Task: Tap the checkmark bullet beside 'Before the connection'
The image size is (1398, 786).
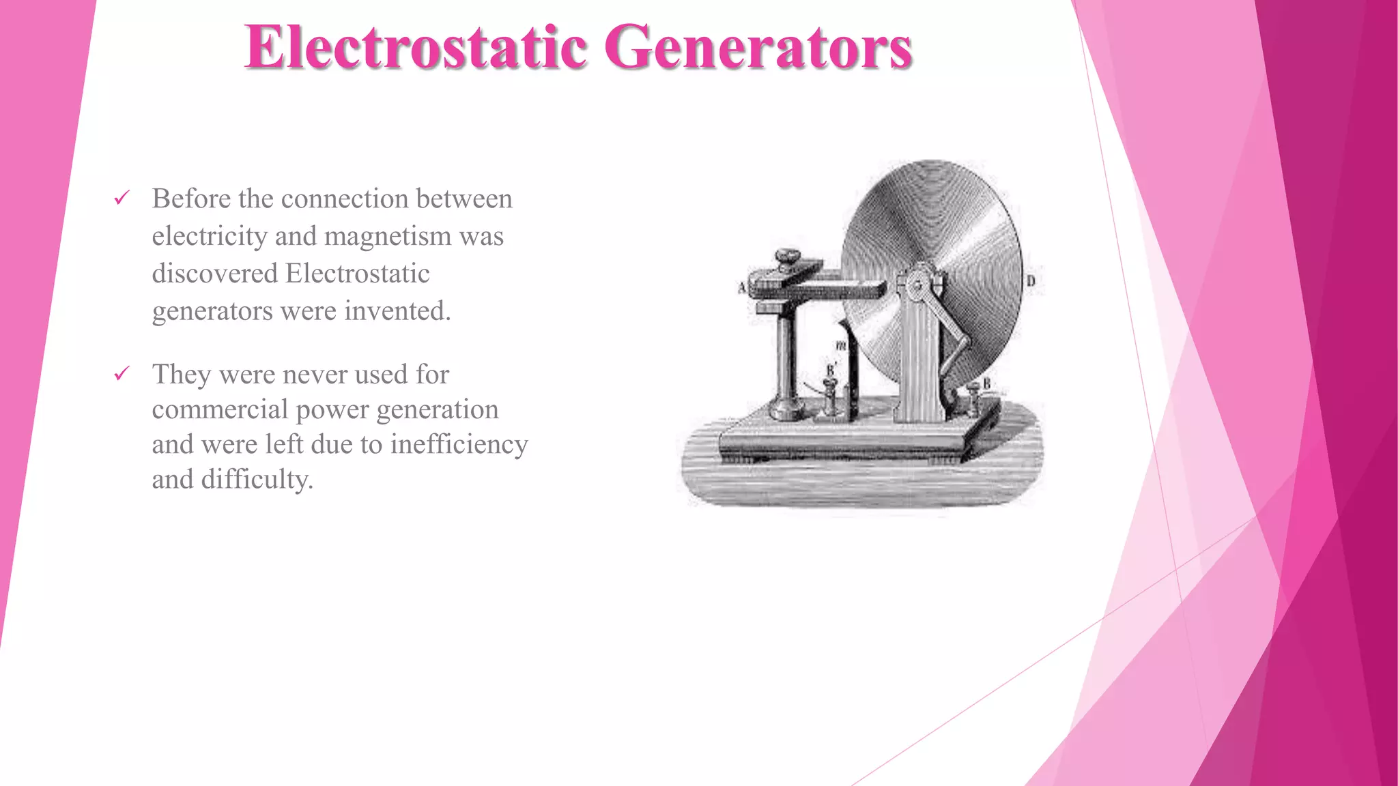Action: pos(122,199)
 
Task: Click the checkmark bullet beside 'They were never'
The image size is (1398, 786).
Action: pos(122,374)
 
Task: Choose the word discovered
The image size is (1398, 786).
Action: pos(214,274)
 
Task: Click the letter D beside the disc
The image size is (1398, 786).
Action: pos(1031,281)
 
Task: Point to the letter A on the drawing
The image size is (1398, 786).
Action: pos(742,288)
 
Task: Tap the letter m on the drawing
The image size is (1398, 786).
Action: pos(841,346)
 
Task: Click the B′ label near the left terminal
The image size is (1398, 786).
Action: pos(831,370)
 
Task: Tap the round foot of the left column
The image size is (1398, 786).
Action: pos(786,411)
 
